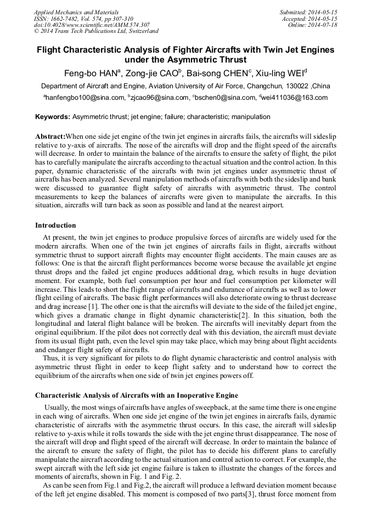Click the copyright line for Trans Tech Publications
tap(96, 31)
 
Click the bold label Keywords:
tap(53, 117)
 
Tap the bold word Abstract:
tap(50, 136)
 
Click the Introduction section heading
tap(55, 225)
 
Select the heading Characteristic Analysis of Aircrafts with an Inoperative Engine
tap(137, 395)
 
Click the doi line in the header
tap(92, 25)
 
